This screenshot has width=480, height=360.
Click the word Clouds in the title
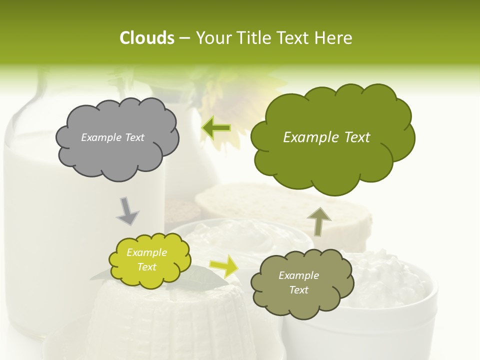[146, 38]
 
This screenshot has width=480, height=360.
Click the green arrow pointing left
[216, 128]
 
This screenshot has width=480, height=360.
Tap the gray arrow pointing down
[127, 211]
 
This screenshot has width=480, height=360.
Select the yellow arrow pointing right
[223, 265]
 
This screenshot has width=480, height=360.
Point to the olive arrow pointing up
[318, 221]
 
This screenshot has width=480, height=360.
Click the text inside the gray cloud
[112, 137]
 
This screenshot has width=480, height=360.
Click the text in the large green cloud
[326, 137]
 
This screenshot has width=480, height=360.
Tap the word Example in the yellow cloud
[146, 252]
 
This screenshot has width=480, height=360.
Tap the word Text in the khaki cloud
[298, 290]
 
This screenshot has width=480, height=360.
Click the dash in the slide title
[184, 38]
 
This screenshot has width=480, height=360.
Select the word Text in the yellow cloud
[146, 267]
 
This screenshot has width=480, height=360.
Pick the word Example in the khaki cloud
[298, 275]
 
